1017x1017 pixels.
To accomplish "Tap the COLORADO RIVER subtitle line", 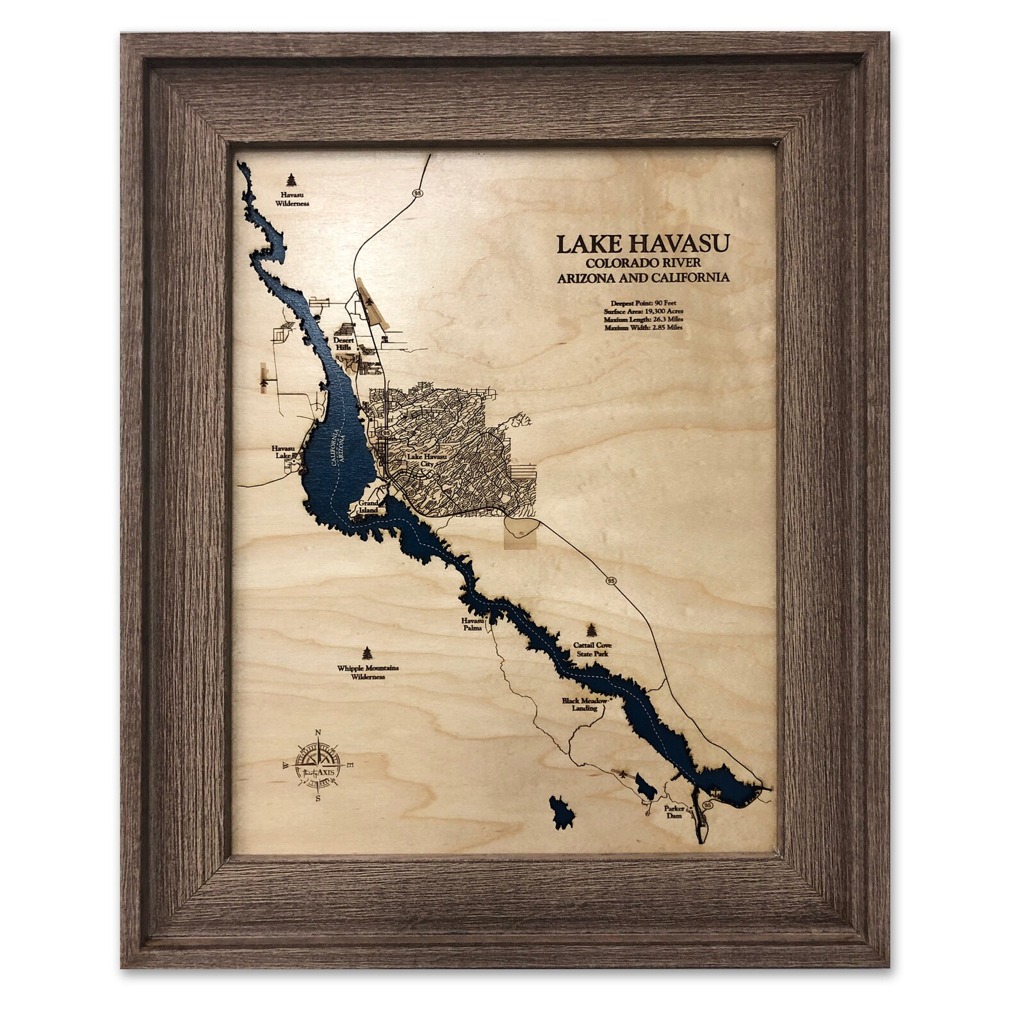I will point(642,263).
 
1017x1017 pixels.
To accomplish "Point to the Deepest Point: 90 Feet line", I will point(642,301).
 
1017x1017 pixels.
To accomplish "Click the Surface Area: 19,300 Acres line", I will point(642,310).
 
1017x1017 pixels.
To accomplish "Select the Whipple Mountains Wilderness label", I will point(368,672).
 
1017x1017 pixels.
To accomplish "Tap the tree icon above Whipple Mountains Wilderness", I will point(367,653).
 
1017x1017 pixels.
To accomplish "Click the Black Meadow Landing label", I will point(580,704).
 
